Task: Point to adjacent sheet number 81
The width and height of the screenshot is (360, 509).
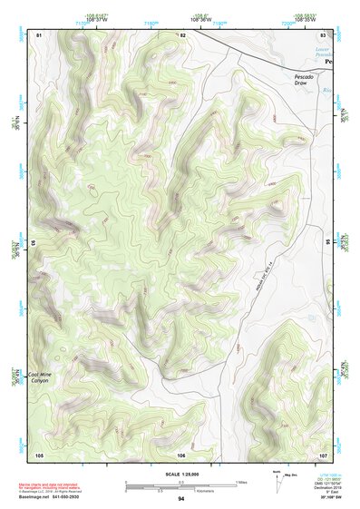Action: tap(38, 34)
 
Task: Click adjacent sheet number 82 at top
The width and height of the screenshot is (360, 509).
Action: tap(183, 34)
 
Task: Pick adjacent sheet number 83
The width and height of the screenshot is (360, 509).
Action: tap(323, 34)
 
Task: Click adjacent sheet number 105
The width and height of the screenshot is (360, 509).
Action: tap(39, 454)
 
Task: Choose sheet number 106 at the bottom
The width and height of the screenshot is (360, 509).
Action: tap(181, 454)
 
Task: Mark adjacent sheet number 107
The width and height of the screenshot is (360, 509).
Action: tap(323, 454)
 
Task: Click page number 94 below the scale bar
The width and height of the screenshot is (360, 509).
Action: tap(181, 499)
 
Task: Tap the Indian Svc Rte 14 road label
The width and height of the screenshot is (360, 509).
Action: tap(267, 278)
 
